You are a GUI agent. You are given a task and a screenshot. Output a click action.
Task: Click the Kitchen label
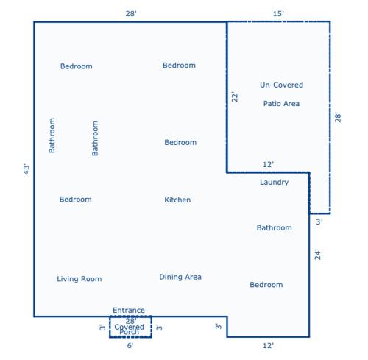point(177,200)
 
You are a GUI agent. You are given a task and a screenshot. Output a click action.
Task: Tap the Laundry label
point(274,183)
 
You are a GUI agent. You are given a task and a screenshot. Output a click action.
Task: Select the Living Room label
point(79,279)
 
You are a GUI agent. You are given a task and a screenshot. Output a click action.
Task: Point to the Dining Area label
point(180,277)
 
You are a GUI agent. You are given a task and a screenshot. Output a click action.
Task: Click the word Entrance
point(129,311)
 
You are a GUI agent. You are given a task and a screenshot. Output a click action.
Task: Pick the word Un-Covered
point(281,85)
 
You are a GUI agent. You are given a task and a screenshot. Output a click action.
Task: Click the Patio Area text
point(281,104)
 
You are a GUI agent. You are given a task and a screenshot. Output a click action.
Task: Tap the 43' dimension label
point(26,169)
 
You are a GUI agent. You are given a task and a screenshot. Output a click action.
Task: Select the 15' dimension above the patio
point(278,14)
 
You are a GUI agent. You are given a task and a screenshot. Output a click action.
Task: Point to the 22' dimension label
point(235,97)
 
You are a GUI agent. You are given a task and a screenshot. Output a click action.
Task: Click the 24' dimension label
point(317,255)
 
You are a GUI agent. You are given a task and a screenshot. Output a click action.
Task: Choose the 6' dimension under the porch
point(130,346)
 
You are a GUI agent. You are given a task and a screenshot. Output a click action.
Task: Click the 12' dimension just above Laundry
point(268,164)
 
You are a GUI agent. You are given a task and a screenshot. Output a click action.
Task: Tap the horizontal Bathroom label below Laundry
point(275,227)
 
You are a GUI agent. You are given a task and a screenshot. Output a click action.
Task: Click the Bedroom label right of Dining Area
point(266,285)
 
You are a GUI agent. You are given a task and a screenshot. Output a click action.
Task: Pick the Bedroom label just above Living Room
point(76,200)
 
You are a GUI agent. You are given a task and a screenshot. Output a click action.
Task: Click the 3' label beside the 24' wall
point(319,222)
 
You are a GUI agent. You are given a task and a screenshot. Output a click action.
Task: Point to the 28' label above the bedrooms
point(131,14)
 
